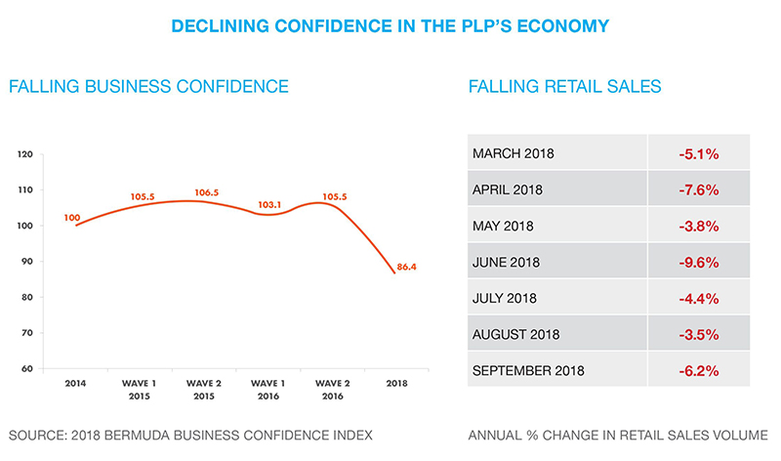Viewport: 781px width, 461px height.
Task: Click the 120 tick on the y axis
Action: pos(25,154)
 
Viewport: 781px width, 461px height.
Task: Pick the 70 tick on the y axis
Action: pos(26,333)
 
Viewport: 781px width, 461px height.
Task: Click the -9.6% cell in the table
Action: pos(698,262)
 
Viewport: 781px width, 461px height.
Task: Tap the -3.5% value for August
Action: pos(698,334)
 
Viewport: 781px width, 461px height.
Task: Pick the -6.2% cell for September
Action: pos(698,370)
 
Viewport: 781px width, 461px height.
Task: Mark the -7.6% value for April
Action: pos(698,189)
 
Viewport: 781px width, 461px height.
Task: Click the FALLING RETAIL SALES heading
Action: pos(565,87)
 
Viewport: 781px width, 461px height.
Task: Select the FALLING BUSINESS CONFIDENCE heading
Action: pos(148,87)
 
